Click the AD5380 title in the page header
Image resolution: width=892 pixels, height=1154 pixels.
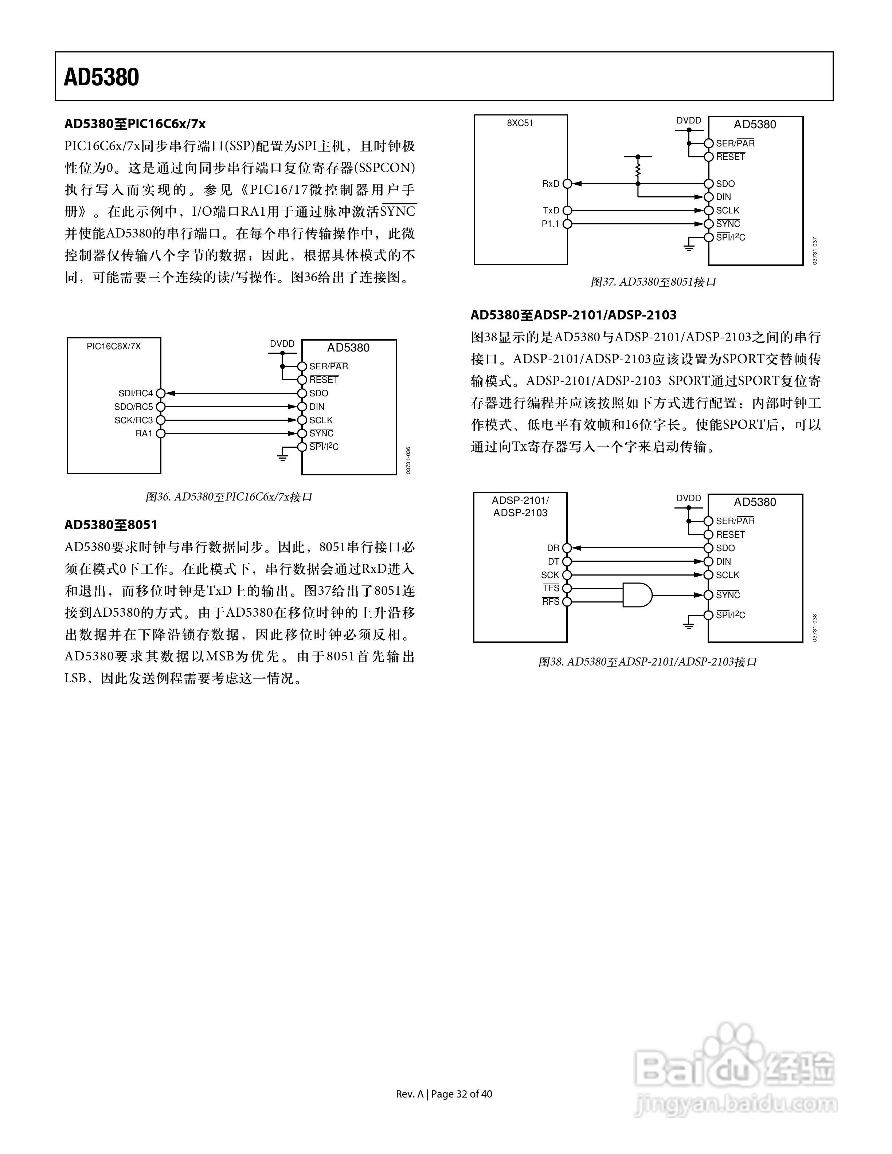pos(101,77)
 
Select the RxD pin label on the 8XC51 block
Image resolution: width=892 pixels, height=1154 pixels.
pos(550,184)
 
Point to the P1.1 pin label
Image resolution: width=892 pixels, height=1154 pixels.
pos(550,224)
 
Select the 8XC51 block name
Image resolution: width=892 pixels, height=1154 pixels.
pos(520,123)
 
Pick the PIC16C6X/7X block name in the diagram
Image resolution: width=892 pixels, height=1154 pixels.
pos(114,347)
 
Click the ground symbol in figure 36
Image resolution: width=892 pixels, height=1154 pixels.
pos(283,456)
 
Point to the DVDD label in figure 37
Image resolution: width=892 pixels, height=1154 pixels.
pos(689,121)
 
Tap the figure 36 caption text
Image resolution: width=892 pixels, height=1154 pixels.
pos(229,497)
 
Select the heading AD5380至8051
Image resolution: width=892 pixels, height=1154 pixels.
pos(111,525)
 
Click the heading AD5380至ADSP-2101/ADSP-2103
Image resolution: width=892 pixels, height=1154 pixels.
pos(574,315)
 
